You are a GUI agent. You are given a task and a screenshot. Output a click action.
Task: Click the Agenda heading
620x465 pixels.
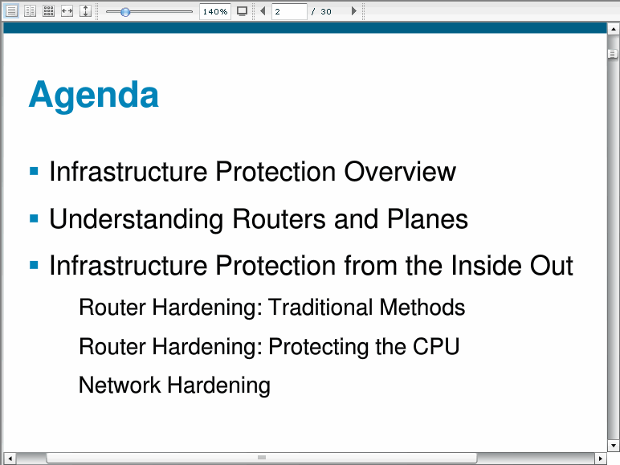click(x=94, y=95)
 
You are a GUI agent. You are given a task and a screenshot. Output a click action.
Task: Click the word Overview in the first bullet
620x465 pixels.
click(x=400, y=172)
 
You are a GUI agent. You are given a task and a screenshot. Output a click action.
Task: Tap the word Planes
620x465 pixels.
click(x=427, y=218)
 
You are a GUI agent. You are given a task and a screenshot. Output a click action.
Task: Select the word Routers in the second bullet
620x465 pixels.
click(x=279, y=218)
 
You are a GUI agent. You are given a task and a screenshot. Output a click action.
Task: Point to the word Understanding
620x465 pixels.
click(x=137, y=220)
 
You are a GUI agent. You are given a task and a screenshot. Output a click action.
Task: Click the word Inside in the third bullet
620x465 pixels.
click(x=486, y=265)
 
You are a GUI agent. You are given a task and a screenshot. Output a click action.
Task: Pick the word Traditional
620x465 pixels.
click(x=320, y=308)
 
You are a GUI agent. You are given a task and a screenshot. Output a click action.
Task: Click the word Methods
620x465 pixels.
click(x=422, y=308)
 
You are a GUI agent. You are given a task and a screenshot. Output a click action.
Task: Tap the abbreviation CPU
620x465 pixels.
click(x=436, y=346)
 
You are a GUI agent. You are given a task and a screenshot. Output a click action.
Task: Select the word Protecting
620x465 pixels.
click(x=318, y=347)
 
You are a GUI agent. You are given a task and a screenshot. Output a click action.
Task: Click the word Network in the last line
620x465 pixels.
click(x=120, y=385)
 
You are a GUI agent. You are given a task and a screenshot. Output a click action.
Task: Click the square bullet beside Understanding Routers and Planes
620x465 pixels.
click(x=34, y=218)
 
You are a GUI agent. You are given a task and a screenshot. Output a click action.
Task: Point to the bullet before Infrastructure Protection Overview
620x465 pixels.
click(x=34, y=171)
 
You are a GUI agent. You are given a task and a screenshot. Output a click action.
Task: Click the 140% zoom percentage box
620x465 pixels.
click(x=215, y=11)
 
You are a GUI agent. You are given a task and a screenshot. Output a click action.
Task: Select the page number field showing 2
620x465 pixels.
click(x=289, y=11)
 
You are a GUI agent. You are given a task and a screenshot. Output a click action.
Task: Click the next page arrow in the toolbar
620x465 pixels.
click(x=354, y=11)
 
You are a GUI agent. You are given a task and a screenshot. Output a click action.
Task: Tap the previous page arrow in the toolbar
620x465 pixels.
click(x=263, y=11)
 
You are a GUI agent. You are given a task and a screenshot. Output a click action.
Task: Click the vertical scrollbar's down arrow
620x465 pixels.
click(x=613, y=446)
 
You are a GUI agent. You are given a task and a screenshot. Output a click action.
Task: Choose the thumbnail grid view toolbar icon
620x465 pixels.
click(x=49, y=11)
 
